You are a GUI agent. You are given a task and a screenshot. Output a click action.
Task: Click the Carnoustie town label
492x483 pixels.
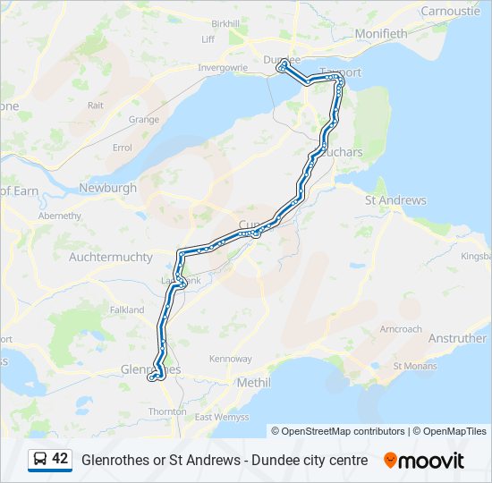point(451,12)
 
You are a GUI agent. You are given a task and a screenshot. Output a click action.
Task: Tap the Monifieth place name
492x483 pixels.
point(380,34)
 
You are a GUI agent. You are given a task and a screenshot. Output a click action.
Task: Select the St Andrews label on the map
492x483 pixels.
point(395,200)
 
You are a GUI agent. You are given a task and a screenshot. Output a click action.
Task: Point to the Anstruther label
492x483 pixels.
point(457,339)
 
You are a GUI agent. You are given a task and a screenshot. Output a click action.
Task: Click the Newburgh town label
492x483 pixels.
point(108,188)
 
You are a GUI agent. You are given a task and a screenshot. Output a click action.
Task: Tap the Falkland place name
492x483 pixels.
point(126,309)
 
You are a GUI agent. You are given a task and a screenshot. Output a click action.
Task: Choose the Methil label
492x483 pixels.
point(256,382)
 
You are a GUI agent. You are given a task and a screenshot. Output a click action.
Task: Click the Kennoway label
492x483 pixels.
point(231,359)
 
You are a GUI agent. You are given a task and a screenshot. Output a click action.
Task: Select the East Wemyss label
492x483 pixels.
point(216,417)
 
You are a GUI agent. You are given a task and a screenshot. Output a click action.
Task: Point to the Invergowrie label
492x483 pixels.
point(222,67)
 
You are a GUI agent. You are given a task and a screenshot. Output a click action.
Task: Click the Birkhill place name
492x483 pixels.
point(226,22)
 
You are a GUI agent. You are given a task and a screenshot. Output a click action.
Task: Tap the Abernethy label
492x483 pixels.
point(60,216)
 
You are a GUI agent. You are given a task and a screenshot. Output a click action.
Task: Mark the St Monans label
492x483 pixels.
point(415,366)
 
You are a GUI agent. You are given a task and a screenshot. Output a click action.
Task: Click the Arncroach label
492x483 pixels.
point(401,329)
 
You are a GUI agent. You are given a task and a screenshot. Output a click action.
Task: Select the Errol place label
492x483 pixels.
point(123,148)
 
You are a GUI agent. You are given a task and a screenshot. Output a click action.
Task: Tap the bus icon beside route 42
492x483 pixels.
point(40,460)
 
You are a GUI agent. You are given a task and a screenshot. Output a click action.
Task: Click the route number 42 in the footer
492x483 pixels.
point(60,459)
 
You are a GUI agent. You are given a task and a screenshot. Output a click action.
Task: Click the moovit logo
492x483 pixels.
point(424,461)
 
